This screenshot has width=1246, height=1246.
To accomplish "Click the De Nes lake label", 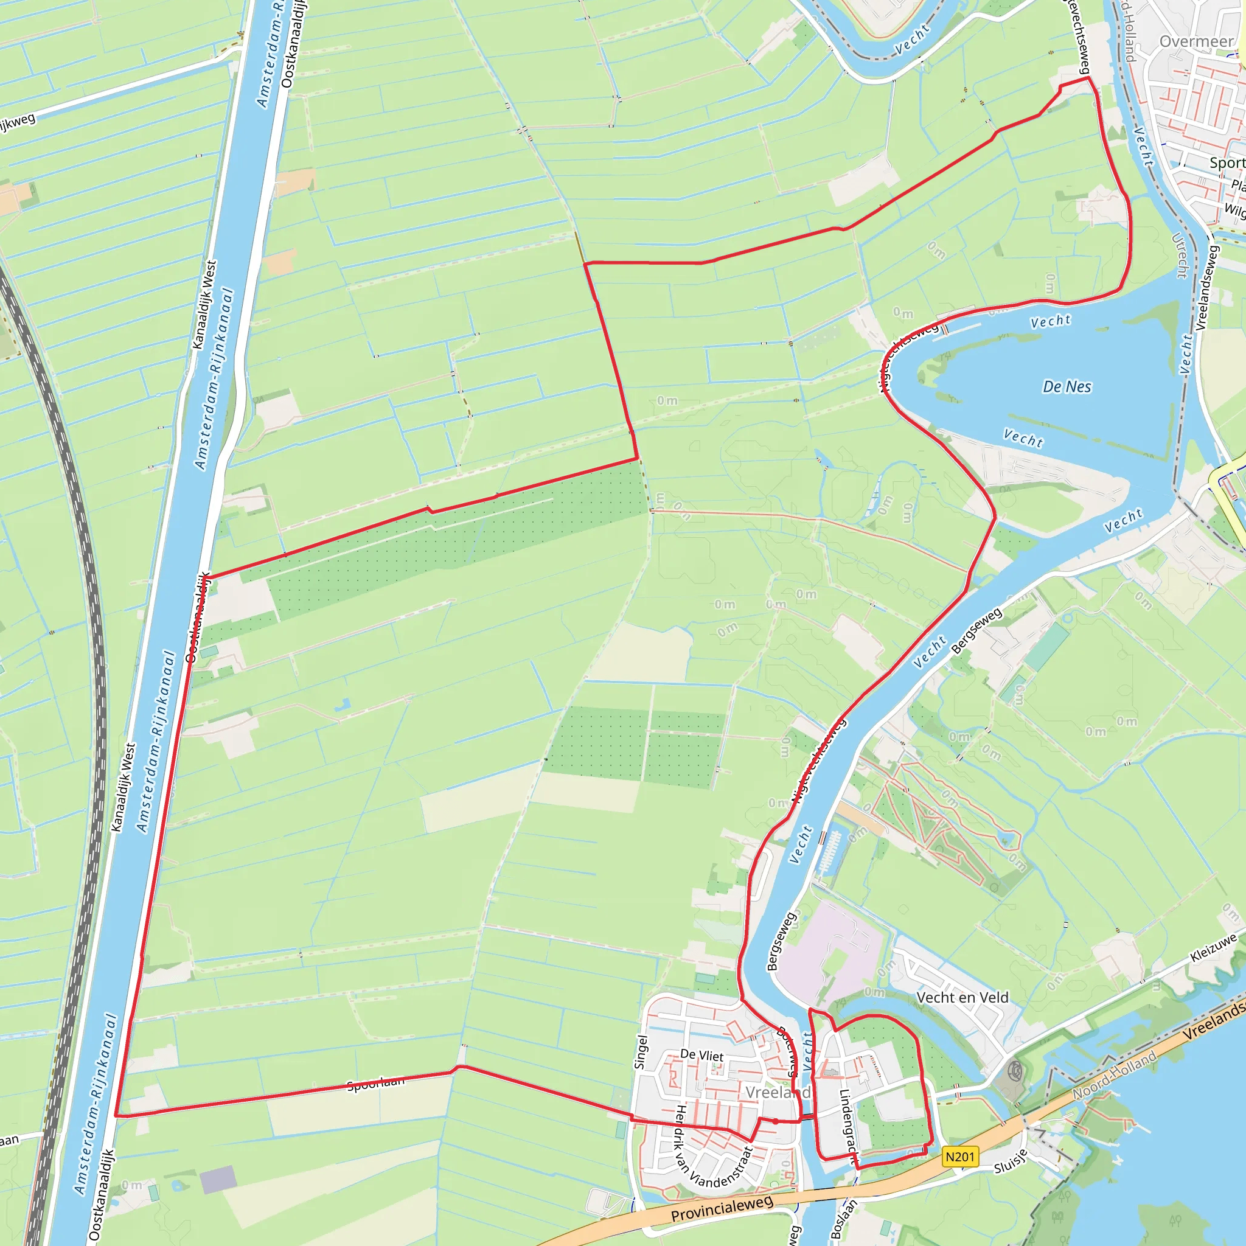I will [1067, 387].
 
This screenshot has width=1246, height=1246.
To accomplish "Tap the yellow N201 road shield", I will [959, 1157].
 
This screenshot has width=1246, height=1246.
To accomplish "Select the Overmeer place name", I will [1196, 42].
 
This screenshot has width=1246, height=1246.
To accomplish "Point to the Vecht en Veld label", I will [962, 998].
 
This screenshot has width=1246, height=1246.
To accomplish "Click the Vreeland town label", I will [777, 1093].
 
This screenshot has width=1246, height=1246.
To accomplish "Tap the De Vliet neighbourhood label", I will [701, 1055].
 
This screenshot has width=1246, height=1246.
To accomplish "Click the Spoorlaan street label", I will [376, 1084].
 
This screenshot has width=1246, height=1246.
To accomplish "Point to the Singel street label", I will [641, 1052].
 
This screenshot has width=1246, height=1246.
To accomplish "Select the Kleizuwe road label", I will [1213, 947].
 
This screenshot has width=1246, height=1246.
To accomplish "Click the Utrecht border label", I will [1180, 256].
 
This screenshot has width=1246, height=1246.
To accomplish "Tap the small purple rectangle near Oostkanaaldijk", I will [218, 1180].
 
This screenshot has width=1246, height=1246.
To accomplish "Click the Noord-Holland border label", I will [1115, 1076].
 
